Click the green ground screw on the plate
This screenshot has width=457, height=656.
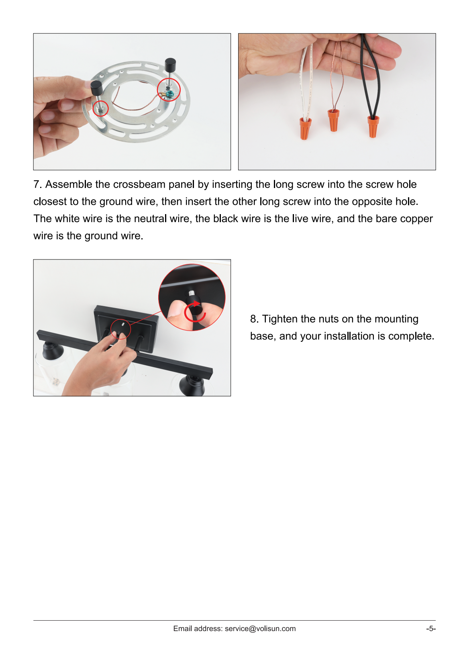(x=169, y=94)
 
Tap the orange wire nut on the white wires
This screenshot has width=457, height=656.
(x=305, y=128)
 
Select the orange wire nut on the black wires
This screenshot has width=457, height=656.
(x=372, y=126)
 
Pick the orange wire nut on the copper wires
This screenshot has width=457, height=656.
(x=333, y=120)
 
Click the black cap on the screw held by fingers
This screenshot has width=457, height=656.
(x=96, y=88)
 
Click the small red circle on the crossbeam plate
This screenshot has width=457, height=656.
(x=100, y=108)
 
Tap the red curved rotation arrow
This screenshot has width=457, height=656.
(x=194, y=312)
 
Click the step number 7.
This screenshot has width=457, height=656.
(x=37, y=184)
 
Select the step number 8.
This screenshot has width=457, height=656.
(x=254, y=319)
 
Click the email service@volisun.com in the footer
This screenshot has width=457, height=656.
(x=260, y=628)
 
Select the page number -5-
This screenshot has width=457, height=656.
(x=430, y=628)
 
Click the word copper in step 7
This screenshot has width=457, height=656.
(x=416, y=219)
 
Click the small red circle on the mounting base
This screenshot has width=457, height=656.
(x=120, y=329)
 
